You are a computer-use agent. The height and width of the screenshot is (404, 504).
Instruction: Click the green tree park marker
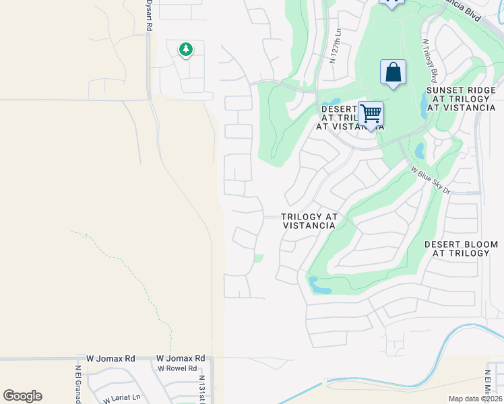(185, 49)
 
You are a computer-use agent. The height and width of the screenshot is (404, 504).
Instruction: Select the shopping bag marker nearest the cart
(393, 72)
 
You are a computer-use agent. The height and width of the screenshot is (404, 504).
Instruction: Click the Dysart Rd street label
(149, 13)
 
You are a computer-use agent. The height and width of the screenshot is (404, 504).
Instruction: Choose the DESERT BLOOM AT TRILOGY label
(461, 248)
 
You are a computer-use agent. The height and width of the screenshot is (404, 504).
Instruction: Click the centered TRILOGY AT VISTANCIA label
(309, 222)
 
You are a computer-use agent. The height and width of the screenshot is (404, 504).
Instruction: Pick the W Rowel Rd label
(177, 368)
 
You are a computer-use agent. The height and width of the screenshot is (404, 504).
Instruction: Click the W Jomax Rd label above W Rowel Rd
(180, 359)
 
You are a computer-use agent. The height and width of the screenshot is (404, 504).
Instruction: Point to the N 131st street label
(201, 387)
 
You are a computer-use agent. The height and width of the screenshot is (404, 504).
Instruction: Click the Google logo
(22, 396)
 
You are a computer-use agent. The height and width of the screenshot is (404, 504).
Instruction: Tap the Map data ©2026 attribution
(476, 399)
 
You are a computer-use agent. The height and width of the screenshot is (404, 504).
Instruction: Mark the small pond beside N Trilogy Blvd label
(422, 103)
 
